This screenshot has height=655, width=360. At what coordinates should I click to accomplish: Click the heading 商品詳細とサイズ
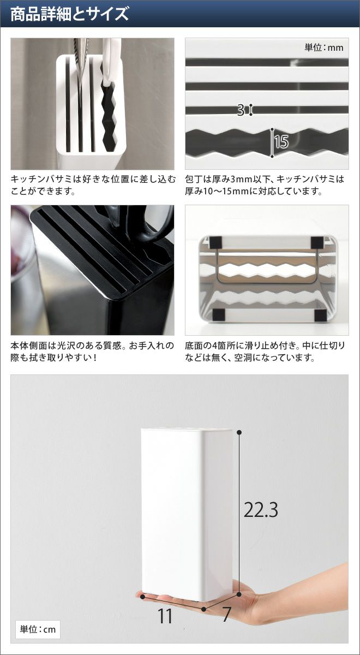pyautogui.click(x=70, y=14)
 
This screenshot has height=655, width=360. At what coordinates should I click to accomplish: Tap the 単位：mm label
pyautogui.click(x=324, y=47)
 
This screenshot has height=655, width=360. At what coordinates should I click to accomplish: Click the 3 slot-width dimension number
pyautogui.click(x=241, y=110)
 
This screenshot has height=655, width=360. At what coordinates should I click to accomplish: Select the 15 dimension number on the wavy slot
pyautogui.click(x=281, y=142)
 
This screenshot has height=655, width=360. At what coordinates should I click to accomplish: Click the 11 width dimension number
pyautogui.click(x=165, y=615)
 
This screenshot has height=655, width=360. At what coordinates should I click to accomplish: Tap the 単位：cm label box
pyautogui.click(x=38, y=629)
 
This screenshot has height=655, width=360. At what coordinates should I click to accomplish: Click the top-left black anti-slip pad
pyautogui.click(x=216, y=242)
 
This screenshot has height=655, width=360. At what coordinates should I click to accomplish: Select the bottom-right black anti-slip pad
pyautogui.click(x=320, y=314)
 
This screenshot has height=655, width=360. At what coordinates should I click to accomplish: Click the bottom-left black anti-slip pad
pyautogui.click(x=218, y=314)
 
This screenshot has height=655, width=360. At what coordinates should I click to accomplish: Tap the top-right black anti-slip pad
pyautogui.click(x=317, y=242)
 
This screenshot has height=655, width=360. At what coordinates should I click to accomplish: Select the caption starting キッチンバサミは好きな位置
pyautogui.click(x=93, y=185)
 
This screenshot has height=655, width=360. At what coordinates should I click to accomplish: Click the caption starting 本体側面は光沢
pyautogui.click(x=92, y=352)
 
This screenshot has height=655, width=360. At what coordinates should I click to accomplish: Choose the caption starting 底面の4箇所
pyautogui.click(x=265, y=352)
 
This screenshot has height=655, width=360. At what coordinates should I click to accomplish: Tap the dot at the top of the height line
pyautogui.click(x=239, y=432)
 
